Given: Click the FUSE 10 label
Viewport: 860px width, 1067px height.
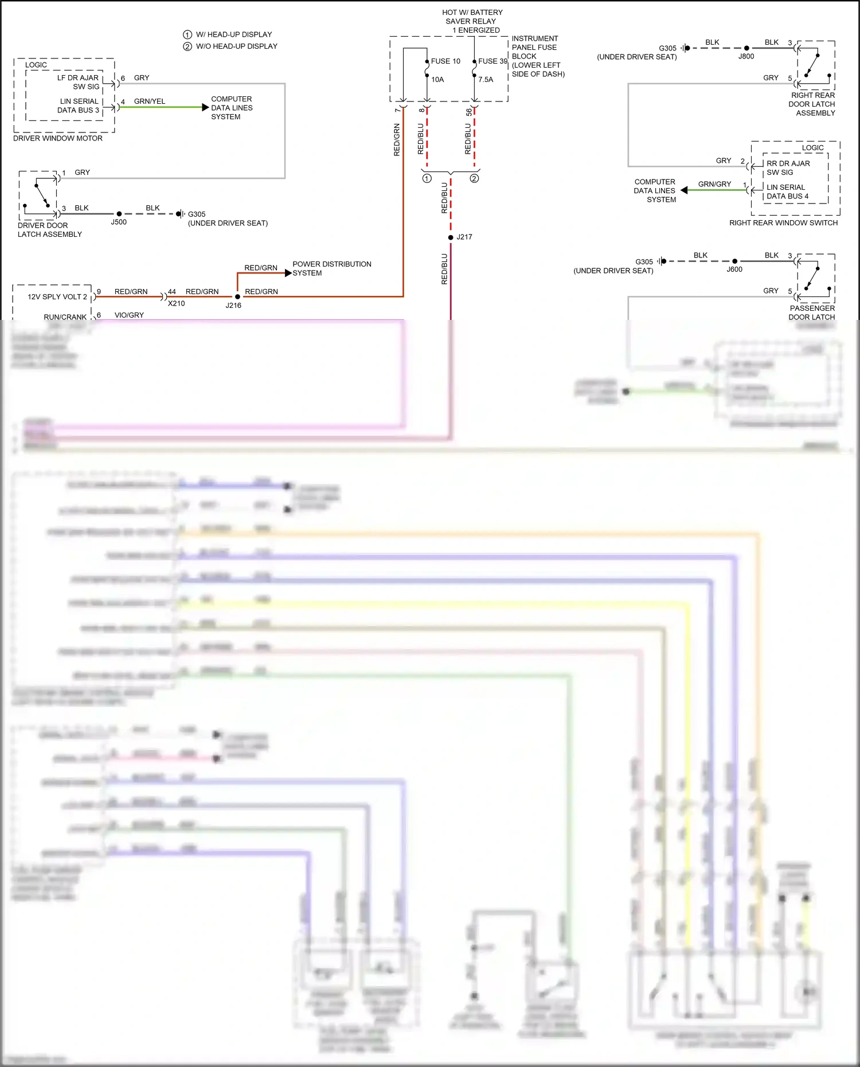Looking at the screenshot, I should coord(445,61).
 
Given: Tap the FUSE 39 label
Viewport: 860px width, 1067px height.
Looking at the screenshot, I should coord(492,61).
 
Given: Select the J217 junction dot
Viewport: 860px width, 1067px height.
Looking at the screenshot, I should coord(451,237).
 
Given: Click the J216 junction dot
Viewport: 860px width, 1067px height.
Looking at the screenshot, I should coord(237,296).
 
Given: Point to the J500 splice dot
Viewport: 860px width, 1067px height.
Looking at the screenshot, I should coord(119,214).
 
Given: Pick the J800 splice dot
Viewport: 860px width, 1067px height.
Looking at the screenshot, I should coord(746,48).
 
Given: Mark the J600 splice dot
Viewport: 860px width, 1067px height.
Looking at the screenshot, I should coord(735,261).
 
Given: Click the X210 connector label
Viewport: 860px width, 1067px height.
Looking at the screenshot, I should coord(176,303).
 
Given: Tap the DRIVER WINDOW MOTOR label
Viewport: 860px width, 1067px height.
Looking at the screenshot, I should coord(58,138).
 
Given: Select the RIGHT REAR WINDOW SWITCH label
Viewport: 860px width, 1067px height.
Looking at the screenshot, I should coord(783,223).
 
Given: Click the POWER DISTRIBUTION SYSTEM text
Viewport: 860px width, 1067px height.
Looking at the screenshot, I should coord(331,268).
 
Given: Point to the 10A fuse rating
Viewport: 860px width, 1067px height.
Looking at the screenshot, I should coord(437,80).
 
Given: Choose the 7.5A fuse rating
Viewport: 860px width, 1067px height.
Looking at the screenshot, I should coord(486,80).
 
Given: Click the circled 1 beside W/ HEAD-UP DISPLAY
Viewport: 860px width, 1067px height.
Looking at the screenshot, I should coord(187,34).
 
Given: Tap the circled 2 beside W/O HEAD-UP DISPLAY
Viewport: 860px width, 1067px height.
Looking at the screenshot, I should coord(187,46).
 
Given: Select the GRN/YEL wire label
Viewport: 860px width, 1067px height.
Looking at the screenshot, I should coord(150,101).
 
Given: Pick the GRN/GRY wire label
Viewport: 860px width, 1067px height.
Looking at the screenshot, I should coord(714,184).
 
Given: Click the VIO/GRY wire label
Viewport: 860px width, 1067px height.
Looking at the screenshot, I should coord(129,315).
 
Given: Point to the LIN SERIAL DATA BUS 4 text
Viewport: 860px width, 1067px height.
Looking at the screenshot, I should coord(787,192).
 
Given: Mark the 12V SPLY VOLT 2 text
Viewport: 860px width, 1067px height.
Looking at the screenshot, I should coord(57,297).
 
